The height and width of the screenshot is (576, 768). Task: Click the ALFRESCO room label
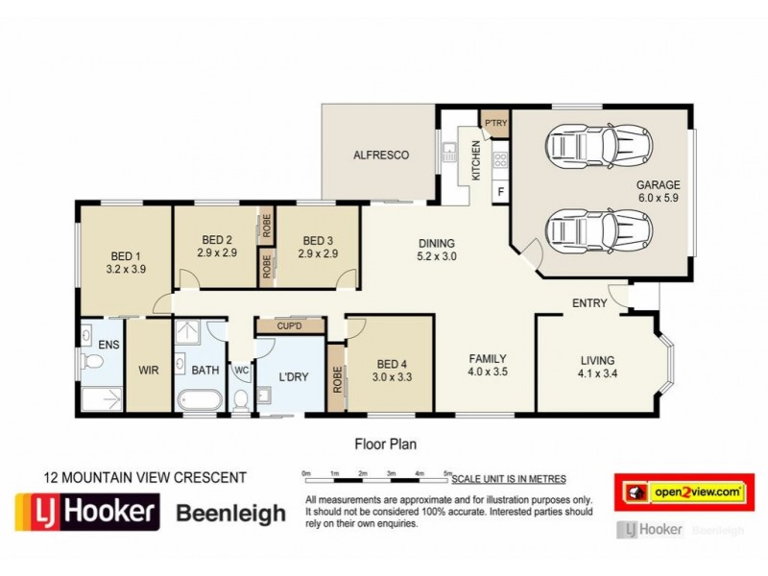[x=381, y=156]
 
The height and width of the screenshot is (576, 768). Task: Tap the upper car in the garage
[x=599, y=145]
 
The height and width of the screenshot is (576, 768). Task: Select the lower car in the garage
[x=599, y=230]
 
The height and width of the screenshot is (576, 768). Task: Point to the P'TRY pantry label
[x=495, y=123]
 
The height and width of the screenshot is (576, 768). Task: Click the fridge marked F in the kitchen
[x=500, y=191]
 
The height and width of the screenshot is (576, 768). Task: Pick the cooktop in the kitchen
[x=500, y=159]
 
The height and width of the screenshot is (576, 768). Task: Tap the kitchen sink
[x=449, y=152]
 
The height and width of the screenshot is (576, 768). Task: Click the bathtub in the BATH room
[x=200, y=400]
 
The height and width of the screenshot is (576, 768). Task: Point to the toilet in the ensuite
[x=92, y=362]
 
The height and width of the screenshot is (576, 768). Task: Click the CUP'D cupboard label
[x=290, y=326]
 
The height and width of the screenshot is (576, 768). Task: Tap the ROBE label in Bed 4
[x=337, y=379]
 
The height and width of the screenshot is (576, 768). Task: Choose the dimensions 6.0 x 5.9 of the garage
[x=659, y=198]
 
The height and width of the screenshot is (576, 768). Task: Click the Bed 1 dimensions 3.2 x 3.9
[x=126, y=269]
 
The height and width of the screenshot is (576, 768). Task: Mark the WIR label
[x=149, y=371]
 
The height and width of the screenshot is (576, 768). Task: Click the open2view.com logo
[x=684, y=492]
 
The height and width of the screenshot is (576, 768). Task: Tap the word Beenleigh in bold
[x=230, y=514]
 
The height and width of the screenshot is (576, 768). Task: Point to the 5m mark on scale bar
[x=447, y=473]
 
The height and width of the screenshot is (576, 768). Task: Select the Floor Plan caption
[x=386, y=444]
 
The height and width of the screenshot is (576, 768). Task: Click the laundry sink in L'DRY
[x=264, y=395]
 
